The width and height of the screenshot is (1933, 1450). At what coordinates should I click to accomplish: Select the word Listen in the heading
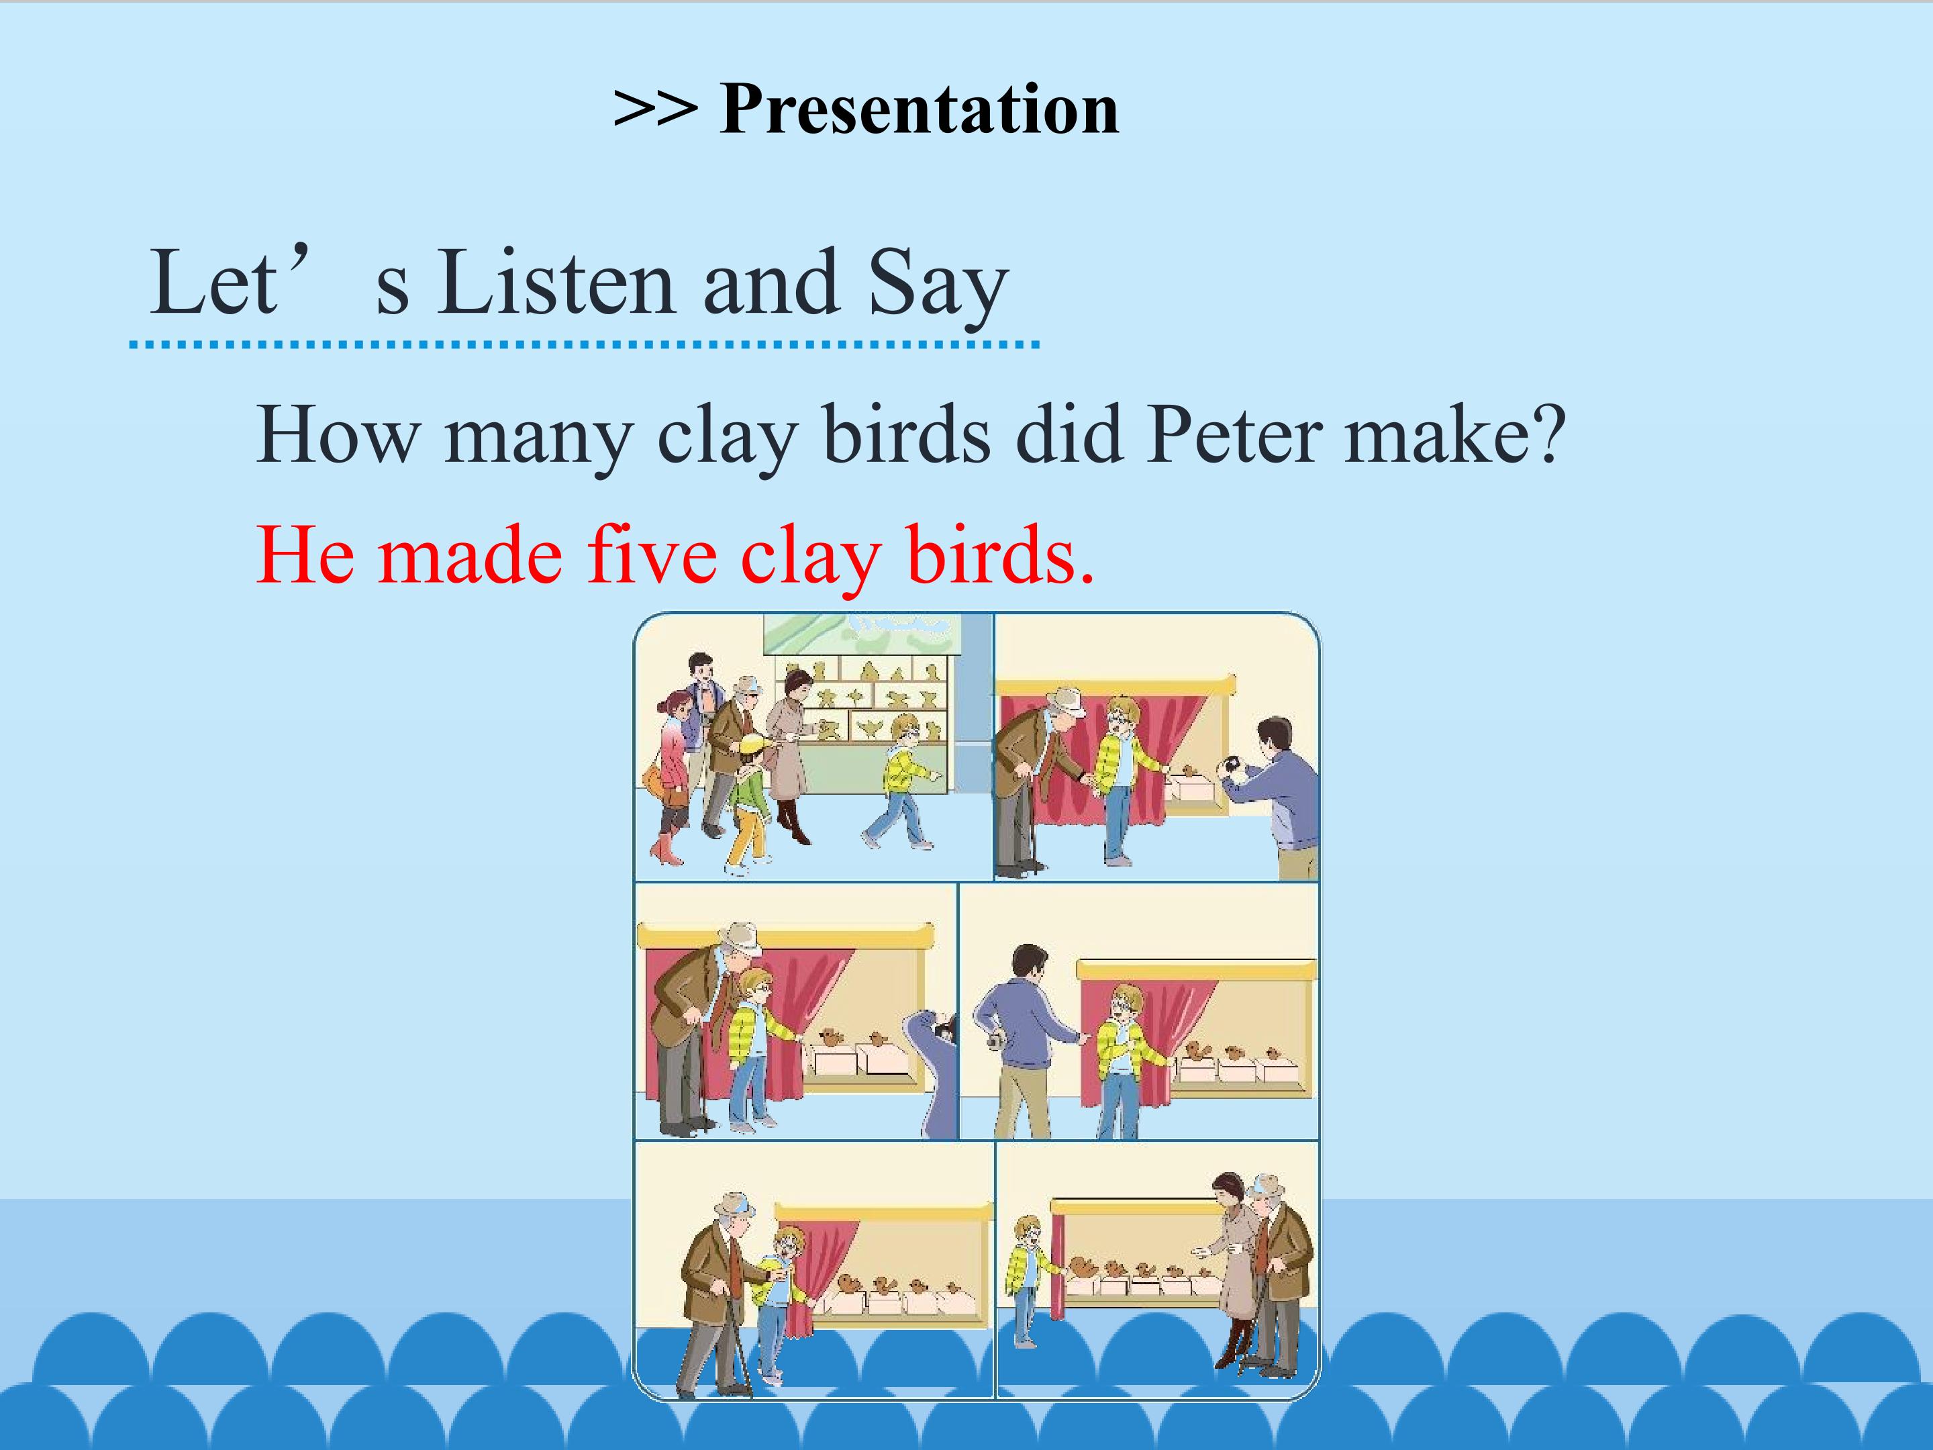pos(556,283)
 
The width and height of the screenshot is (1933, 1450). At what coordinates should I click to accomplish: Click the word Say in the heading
pos(938,287)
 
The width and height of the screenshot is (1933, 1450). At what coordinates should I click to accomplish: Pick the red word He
pos(306,555)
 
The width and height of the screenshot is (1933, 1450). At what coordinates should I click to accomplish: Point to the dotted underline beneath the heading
pos(584,345)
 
